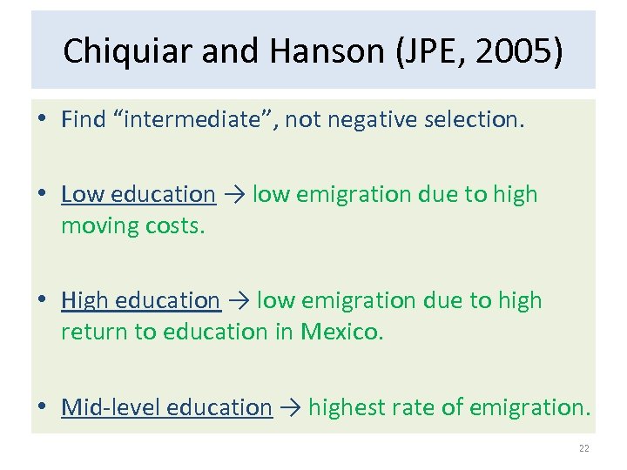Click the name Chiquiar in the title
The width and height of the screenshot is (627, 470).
pyautogui.click(x=128, y=51)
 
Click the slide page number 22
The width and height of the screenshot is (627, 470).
pyautogui.click(x=583, y=448)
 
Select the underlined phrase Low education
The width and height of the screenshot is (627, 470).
pyautogui.click(x=138, y=194)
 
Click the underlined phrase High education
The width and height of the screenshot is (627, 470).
pyautogui.click(x=140, y=300)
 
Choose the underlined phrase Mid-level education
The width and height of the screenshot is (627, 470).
pyautogui.click(x=166, y=407)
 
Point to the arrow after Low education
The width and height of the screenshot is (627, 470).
pyautogui.click(x=233, y=194)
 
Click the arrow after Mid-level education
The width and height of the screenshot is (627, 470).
pyautogui.click(x=290, y=407)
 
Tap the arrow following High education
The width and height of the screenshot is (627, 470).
pyautogui.click(x=239, y=300)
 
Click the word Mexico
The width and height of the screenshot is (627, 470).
pyautogui.click(x=341, y=332)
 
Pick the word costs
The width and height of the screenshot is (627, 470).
pyautogui.click(x=178, y=225)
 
